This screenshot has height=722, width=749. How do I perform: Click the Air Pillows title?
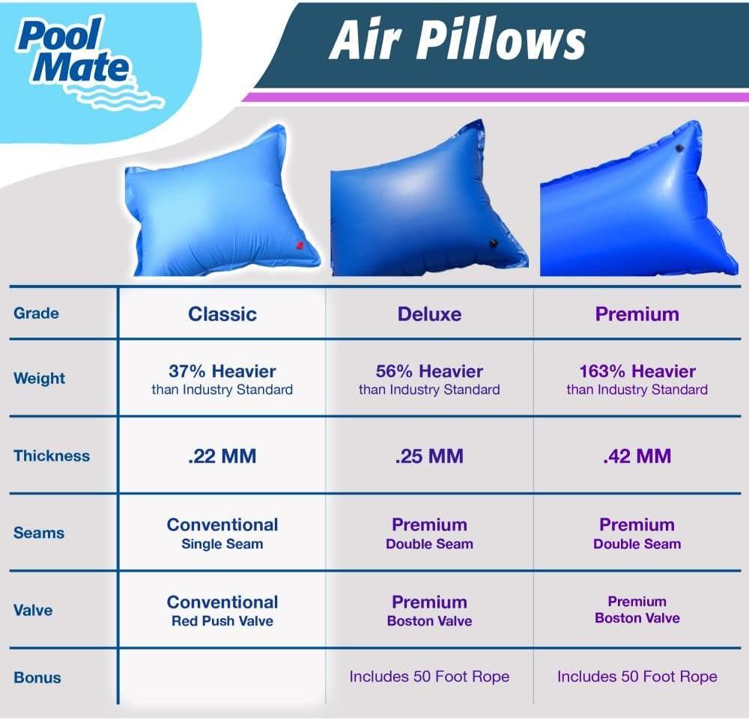[x=457, y=40]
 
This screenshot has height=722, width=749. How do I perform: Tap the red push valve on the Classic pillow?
[x=299, y=245]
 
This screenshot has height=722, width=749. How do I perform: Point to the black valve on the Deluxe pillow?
[x=494, y=242]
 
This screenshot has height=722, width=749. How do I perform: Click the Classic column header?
[x=222, y=314]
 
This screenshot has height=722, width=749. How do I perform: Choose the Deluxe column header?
[x=429, y=314]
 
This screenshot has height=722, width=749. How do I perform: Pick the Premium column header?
[x=637, y=314]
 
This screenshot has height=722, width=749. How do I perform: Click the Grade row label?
[x=36, y=313]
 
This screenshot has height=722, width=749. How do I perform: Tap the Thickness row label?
[x=51, y=456]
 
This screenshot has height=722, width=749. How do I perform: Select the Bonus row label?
[x=37, y=678]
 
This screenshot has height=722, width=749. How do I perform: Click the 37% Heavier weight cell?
[x=222, y=379]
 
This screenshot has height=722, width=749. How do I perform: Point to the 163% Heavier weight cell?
[x=637, y=379]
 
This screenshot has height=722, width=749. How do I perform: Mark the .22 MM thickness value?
[x=222, y=456]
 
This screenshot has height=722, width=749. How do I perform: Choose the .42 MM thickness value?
[x=637, y=456]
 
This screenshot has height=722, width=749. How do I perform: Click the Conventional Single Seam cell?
[x=222, y=533]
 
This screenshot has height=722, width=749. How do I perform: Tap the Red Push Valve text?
[x=222, y=621]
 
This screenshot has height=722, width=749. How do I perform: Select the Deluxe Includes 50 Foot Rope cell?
[x=429, y=677]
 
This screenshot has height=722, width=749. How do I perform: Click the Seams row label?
[x=39, y=533]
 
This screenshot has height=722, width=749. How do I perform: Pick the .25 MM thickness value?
[x=429, y=456]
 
